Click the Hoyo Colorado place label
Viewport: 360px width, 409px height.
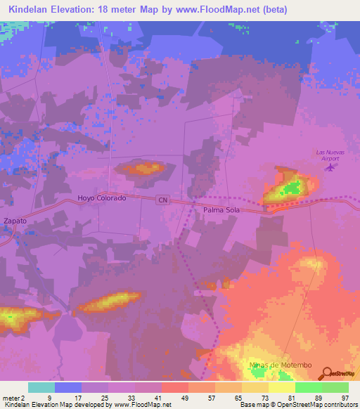[x=102, y=198]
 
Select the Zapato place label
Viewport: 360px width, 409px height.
[x=15, y=221]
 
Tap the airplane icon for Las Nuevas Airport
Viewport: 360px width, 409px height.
[x=330, y=168]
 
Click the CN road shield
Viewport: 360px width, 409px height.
[x=163, y=200]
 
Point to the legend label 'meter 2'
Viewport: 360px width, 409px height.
[x=13, y=397]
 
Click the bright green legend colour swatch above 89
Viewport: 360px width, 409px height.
[x=308, y=387]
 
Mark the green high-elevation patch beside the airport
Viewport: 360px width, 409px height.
[x=290, y=188]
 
